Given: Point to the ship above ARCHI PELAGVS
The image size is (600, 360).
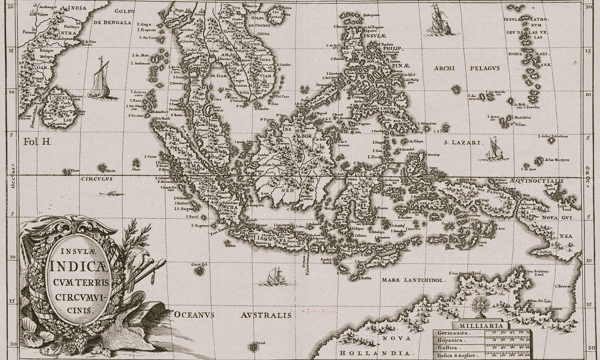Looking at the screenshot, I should (x=439, y=20).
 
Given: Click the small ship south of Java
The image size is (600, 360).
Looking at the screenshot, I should (x=273, y=276).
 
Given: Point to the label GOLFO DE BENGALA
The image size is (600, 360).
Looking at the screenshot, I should (x=112, y=17).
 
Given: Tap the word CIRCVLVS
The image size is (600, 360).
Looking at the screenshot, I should (x=97, y=181).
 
